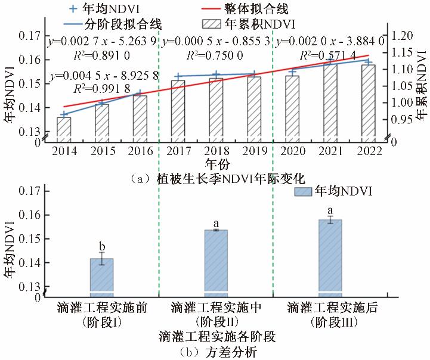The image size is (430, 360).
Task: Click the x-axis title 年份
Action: (216, 163)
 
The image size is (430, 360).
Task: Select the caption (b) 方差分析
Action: (216, 352)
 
